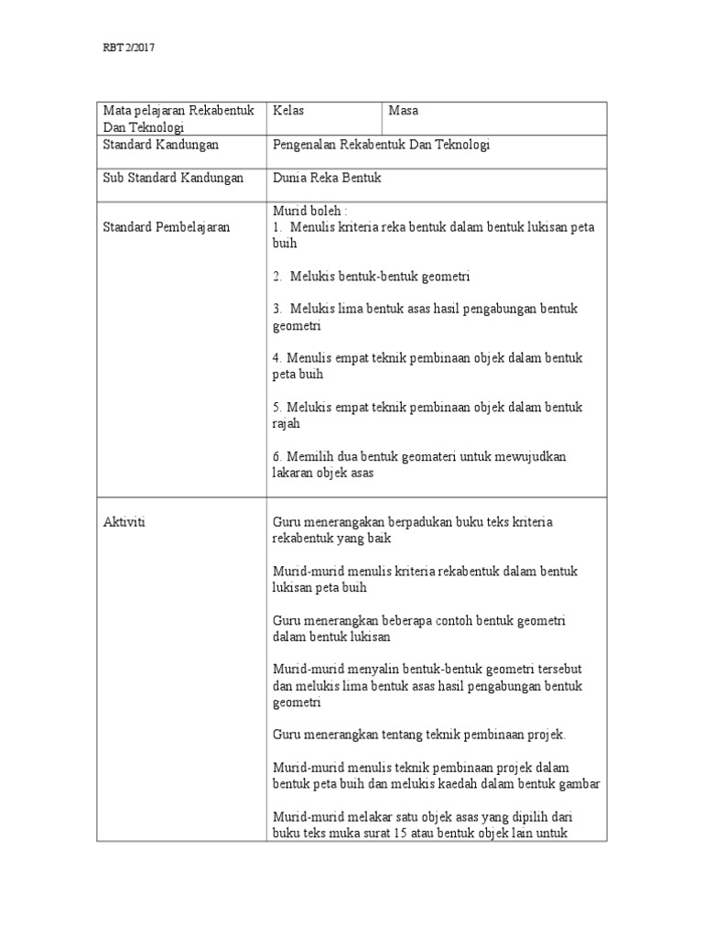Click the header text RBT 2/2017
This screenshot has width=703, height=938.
tap(127, 49)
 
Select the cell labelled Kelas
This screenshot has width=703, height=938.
tap(288, 111)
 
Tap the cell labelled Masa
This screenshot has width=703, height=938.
tap(403, 111)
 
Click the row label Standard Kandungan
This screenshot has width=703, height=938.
tap(160, 145)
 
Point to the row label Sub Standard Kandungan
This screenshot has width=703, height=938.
tap(172, 178)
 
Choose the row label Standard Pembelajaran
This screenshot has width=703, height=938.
tap(166, 226)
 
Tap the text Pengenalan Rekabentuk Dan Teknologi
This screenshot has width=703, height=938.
tap(382, 145)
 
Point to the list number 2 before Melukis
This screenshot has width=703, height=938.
tap(277, 276)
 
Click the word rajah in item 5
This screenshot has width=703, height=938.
tap(287, 423)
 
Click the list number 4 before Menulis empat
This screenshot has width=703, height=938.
tap(277, 358)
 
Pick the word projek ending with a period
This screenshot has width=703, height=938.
tap(546, 734)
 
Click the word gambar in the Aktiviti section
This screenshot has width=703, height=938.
tap(579, 784)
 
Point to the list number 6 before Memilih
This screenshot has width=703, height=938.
tap(277, 456)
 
